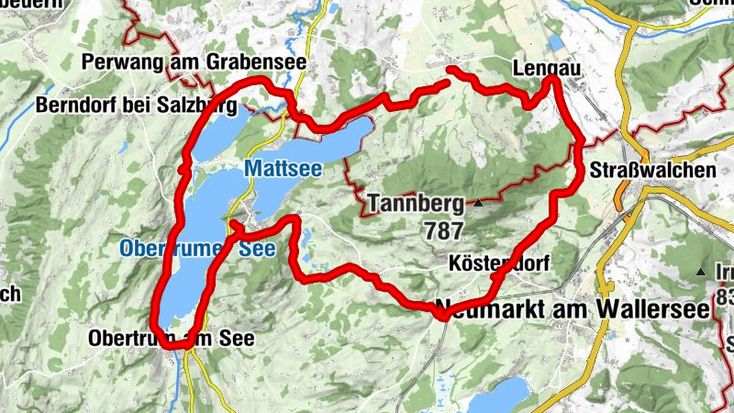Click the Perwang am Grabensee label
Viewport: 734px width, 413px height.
193,62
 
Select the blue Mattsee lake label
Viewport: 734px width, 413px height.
283,169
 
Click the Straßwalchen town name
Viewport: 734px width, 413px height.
653,171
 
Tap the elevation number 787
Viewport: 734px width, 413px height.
444,230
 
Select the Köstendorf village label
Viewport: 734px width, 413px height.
500,263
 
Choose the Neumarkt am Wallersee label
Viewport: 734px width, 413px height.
573,309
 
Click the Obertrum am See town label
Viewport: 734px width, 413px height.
171,339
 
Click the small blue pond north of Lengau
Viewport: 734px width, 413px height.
556,42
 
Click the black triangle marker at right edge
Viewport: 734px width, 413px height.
702,273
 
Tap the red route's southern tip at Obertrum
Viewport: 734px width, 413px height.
186,342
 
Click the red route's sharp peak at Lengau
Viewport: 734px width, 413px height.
552,81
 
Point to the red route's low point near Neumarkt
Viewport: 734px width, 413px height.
442,316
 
